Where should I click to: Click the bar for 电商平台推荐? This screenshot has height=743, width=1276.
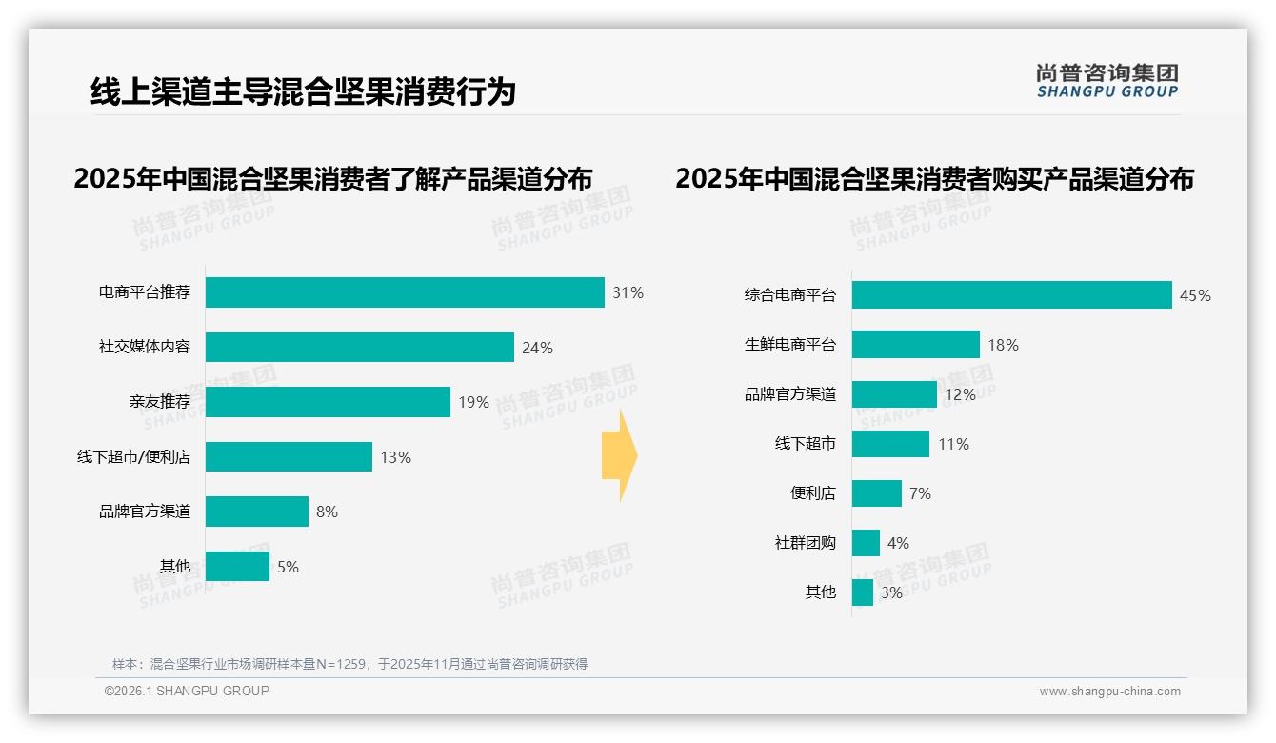coord(405,292)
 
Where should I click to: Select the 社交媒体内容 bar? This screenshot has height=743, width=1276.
coord(360,348)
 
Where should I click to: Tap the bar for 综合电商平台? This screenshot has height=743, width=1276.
coord(1011,295)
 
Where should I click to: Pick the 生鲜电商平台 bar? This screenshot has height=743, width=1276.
coord(915,345)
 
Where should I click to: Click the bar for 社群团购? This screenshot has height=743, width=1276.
coord(866,543)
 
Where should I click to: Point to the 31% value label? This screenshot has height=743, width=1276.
coord(628,292)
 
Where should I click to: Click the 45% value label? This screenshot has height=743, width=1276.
coord(1195,295)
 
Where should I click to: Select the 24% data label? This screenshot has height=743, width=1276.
coord(537,348)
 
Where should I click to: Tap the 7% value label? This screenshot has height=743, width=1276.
coord(920,493)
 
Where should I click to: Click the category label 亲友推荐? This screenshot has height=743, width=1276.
coord(160,402)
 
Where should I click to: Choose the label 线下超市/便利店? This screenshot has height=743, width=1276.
coord(133,457)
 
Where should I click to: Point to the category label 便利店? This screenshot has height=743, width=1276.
coord(812,493)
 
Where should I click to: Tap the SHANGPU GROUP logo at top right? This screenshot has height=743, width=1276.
coord(1107,80)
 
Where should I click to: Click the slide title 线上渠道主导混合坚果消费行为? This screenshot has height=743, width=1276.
coord(303,91)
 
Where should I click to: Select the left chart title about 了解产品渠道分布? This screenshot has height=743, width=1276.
coord(332,179)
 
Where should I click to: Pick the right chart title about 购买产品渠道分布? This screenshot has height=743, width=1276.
coord(934,179)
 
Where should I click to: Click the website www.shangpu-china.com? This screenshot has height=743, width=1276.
coord(1109,692)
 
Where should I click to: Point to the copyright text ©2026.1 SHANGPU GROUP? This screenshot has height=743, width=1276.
coord(187,691)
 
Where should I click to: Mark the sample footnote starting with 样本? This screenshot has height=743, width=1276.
coord(349,664)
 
